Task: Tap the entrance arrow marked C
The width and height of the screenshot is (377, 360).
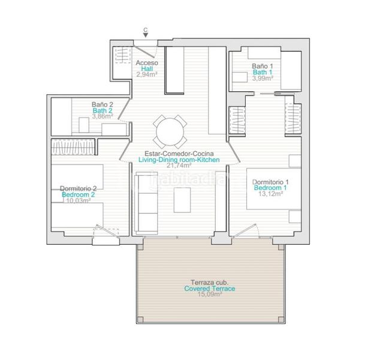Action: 146,36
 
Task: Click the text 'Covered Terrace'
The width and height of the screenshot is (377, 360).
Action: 209,289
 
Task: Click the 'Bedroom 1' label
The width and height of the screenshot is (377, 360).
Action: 271,188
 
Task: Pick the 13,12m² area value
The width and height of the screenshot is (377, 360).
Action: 271,194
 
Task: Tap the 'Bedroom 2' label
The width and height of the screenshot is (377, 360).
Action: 78,195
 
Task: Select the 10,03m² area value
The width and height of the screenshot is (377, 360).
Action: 78,201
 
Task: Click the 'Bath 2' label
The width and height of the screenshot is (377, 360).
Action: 102,111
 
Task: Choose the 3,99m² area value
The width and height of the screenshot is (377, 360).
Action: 263,78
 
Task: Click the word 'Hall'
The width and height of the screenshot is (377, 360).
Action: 146,69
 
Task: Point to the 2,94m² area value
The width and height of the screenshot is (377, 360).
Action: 146,76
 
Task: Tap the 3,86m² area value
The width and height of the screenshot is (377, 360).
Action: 102,117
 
